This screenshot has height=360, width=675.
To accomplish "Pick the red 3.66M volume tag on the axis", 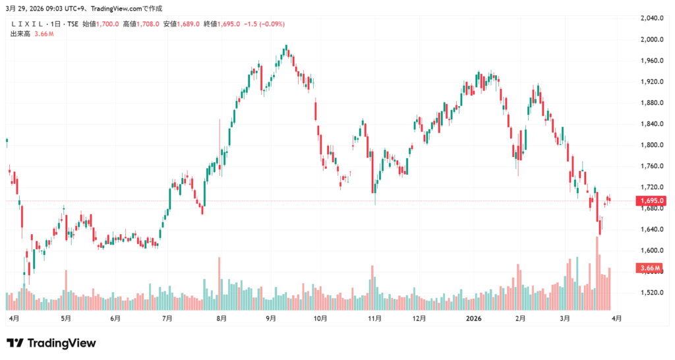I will coord(649,268).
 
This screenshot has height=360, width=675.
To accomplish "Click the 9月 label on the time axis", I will coord(271,318).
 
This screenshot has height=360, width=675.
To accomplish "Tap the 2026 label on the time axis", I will coord(473,318).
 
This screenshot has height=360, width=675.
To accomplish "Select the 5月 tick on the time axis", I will coord(65,318).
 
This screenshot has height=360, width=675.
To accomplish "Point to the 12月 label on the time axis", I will coord(419,318).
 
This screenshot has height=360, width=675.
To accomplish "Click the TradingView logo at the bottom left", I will coord(51,343).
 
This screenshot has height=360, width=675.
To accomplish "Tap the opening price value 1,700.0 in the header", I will coord(107,24).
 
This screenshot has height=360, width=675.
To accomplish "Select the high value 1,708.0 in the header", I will coord(148,24).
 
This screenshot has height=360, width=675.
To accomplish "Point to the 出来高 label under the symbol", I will coord(20,34).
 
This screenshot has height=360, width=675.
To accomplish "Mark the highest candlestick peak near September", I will coord(286,47).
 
